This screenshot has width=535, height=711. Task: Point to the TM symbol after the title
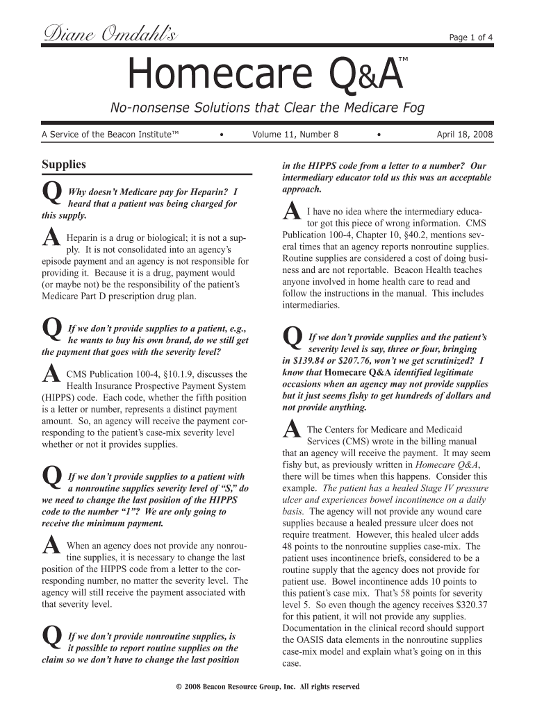[402, 62]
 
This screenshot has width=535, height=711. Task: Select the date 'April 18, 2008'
[464, 134]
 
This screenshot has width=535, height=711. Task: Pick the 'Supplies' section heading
[64, 165]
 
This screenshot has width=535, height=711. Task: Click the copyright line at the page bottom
[268, 687]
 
